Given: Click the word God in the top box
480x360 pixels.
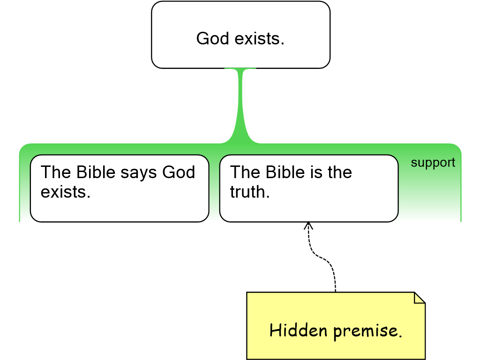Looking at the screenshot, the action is click(x=212, y=38).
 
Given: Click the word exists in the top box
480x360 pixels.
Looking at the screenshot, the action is click(x=260, y=38).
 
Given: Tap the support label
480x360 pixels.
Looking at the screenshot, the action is click(x=433, y=163).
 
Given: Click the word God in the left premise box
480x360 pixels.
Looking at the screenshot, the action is click(x=179, y=172).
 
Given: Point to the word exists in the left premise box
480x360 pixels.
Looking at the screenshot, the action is click(x=66, y=192).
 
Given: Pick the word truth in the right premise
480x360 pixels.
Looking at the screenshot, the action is click(x=250, y=192).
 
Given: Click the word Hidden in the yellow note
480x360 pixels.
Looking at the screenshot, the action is click(x=299, y=330).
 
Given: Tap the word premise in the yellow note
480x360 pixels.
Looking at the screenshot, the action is click(x=367, y=331).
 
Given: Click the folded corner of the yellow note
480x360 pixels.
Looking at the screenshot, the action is click(x=420, y=298).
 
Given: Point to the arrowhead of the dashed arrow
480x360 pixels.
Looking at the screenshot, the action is click(x=308, y=225).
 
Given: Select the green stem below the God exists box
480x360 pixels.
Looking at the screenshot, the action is click(x=240, y=104).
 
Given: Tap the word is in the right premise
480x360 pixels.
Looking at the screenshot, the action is click(x=316, y=172).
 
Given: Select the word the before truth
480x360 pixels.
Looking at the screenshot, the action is click(x=340, y=172).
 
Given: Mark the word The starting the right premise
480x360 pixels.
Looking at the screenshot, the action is click(x=245, y=172).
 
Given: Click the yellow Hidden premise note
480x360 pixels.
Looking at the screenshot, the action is click(x=336, y=326).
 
